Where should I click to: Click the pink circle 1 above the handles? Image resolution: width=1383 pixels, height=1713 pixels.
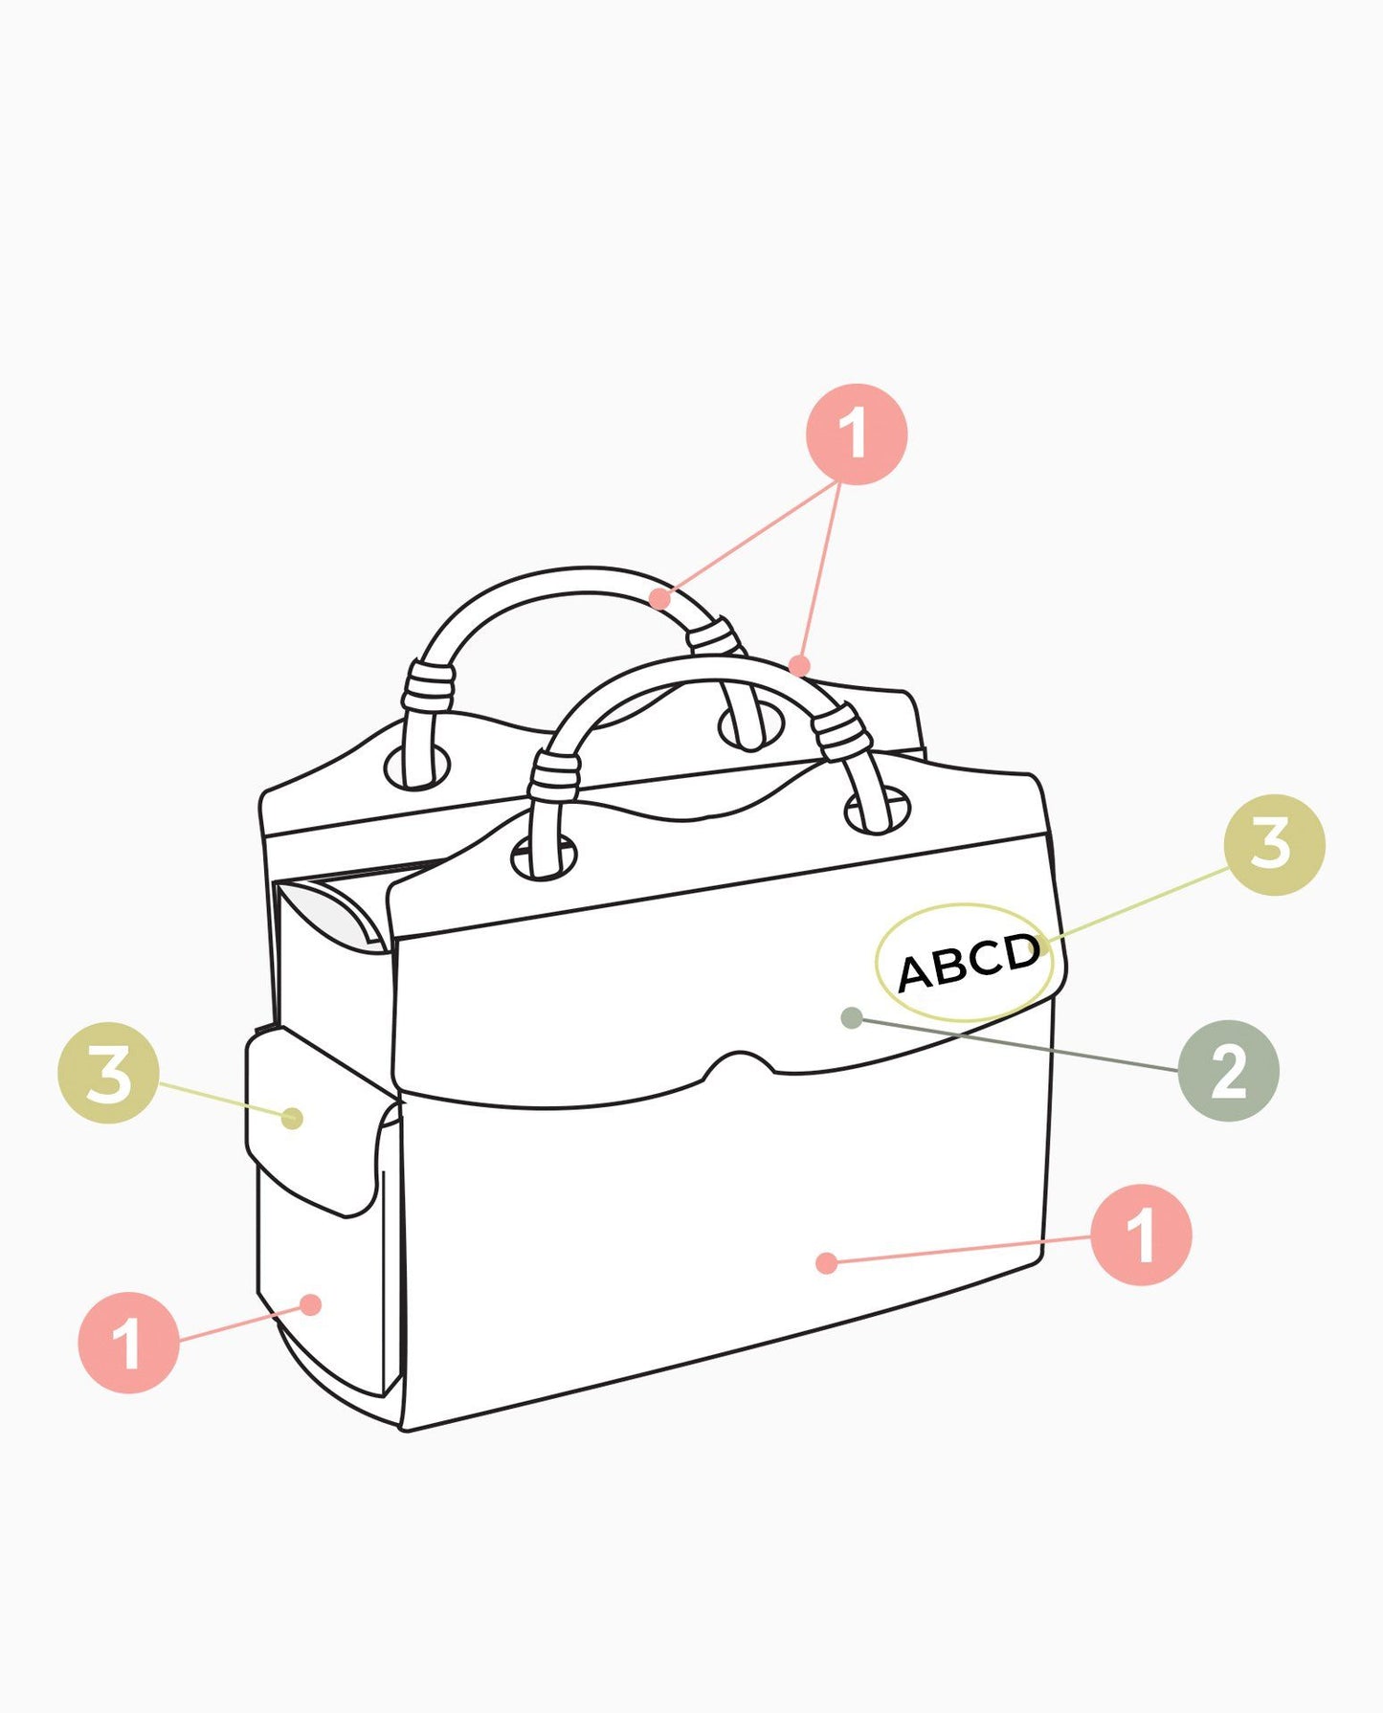[x=856, y=434]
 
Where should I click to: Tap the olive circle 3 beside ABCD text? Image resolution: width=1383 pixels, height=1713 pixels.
[x=1274, y=845]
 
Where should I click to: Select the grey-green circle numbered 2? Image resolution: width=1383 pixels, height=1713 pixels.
[x=1228, y=1070]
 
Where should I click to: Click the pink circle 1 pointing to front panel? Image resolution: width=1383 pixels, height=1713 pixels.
[x=1141, y=1235]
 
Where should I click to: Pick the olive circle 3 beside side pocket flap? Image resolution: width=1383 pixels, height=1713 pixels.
[x=108, y=1073]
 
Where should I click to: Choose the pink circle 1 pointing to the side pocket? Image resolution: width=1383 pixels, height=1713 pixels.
[x=128, y=1342]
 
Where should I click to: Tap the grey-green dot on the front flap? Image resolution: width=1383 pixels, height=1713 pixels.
[x=851, y=1018]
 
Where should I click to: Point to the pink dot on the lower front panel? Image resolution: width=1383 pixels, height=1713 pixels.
[x=827, y=1263]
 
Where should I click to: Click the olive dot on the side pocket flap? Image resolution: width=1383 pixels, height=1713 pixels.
[x=293, y=1118]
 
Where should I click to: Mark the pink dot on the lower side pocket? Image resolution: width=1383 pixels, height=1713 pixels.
[x=310, y=1304]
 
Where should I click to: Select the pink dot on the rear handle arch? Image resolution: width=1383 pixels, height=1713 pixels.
[x=659, y=599]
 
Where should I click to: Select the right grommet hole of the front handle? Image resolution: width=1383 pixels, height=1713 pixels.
[x=877, y=812]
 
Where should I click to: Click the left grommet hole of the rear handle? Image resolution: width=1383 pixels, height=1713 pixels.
[x=417, y=767]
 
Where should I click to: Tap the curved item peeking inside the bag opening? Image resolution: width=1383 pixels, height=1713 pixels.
[x=335, y=914]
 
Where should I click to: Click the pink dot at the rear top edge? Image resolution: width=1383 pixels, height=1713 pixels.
[x=800, y=665]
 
